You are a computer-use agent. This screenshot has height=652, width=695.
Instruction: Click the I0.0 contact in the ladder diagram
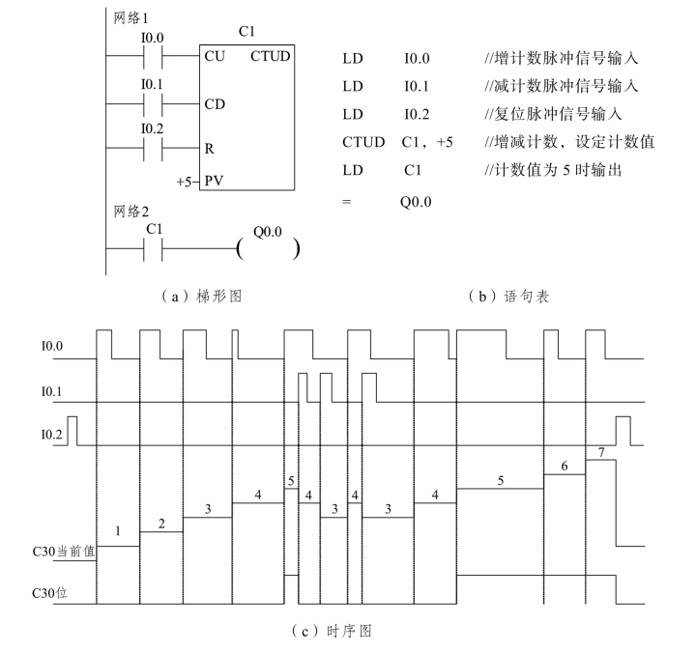tap(153, 55)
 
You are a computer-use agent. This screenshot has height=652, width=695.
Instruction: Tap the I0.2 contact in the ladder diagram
tap(153, 148)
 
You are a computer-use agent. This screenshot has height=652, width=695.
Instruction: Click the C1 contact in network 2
tap(153, 248)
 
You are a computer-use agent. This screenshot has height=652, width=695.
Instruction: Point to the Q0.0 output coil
tap(266, 247)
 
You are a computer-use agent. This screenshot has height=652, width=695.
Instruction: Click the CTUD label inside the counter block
tap(271, 56)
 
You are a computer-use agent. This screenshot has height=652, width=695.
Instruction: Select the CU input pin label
tap(216, 56)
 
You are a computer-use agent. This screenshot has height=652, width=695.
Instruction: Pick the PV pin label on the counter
tap(216, 182)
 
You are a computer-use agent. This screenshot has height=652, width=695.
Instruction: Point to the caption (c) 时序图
tap(347, 631)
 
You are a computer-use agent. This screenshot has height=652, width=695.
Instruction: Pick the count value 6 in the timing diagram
tap(565, 466)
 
